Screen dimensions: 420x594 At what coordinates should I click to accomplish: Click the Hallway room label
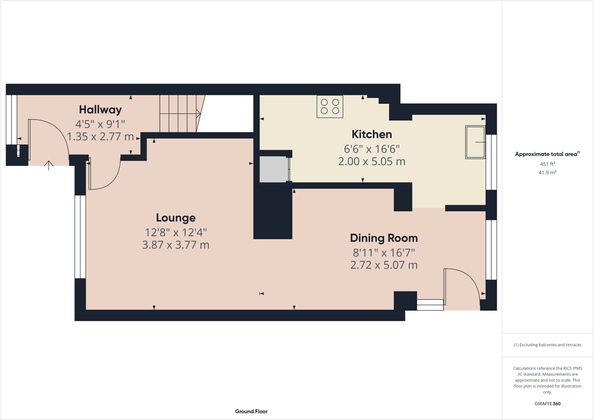coord(100,110)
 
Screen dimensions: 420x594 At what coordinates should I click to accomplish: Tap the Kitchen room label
coord(372,134)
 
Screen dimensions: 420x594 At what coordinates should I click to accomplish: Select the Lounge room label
coord(176,218)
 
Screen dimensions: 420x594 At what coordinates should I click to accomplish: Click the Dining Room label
coord(384,238)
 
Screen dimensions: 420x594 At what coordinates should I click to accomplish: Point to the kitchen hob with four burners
coord(330,106)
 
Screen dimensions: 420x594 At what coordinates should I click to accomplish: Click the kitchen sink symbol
coord(475,142)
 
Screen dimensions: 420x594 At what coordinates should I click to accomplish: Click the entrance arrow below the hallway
coord(49,165)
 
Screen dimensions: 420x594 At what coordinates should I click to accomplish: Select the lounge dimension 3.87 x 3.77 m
coord(176,245)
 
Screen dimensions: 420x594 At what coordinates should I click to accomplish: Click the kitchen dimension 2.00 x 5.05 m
coord(372,161)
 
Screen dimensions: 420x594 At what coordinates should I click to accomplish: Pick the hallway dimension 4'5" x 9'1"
coord(100,124)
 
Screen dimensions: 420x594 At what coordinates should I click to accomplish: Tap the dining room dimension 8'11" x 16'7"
coord(384,253)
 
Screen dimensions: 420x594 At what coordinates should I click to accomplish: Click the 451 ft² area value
coord(547,164)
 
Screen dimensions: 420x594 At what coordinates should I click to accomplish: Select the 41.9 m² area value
coord(547,172)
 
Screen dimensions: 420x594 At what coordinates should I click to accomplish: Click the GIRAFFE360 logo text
coord(547,404)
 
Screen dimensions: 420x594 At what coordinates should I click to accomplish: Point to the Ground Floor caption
coord(251,411)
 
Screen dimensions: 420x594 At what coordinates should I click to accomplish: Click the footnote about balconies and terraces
coord(547,345)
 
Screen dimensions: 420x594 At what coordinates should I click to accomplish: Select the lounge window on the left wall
coord(80,237)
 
